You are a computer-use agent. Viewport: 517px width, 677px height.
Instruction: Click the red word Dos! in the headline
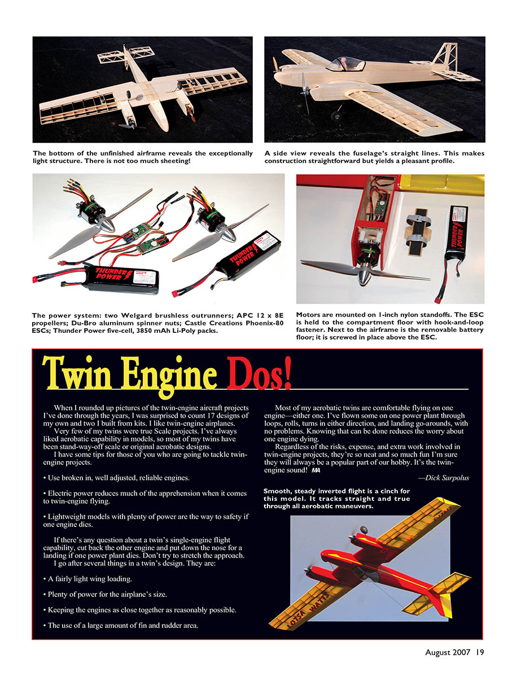260,374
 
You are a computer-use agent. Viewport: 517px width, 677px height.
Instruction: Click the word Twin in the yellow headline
77,373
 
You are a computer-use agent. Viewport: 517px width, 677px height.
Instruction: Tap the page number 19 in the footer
480,652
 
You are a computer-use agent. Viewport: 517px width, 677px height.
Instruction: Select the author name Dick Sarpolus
447,478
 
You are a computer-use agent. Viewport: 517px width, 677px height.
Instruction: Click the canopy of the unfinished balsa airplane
345,64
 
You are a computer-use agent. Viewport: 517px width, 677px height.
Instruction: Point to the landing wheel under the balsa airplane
336,116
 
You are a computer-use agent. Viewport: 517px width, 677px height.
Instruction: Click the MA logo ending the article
316,471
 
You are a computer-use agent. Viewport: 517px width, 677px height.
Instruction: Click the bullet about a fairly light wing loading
87,579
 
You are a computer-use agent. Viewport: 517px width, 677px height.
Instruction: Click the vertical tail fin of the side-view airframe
443,54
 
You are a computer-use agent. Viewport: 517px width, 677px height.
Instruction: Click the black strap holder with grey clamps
419,232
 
